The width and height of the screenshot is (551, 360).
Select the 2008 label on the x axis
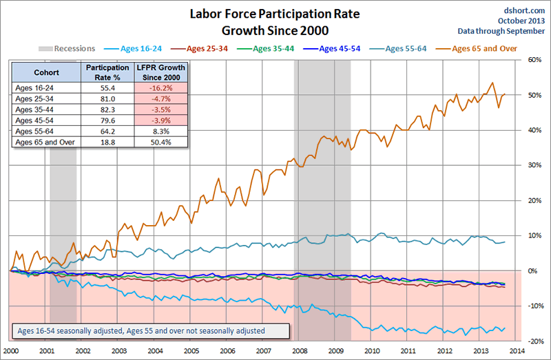[301, 350]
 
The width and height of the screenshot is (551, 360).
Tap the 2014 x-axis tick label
[518, 350]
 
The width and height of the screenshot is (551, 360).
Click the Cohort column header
[45, 72]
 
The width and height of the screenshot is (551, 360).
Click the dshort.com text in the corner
[526, 9]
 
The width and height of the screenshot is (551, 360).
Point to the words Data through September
[502, 31]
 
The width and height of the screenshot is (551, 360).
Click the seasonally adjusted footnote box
[148, 331]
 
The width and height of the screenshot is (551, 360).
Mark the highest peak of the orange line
[492, 83]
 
